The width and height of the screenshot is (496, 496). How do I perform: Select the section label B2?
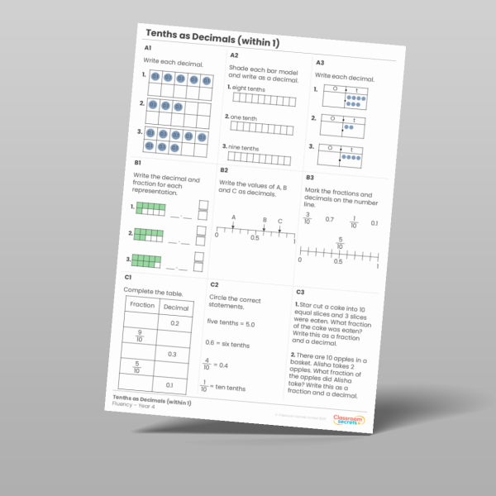(223, 169)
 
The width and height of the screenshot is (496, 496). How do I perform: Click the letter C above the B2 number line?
(280, 222)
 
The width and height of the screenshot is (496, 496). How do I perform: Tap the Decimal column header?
(176, 308)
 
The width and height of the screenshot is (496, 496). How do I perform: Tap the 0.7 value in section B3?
(329, 221)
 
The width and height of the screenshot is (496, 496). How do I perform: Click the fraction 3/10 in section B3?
(307, 218)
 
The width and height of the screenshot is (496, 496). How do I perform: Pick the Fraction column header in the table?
(143, 305)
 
